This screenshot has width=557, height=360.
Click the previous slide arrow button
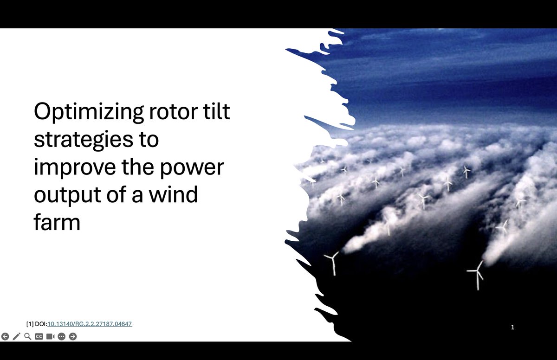(x=5, y=336)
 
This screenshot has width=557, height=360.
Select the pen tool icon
(x=16, y=336)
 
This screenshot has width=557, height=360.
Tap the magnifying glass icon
(x=28, y=336)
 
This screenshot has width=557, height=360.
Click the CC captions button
(x=39, y=336)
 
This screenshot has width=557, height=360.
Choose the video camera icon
(x=51, y=336)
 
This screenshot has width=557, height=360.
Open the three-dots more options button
(x=62, y=336)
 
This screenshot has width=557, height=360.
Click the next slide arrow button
(x=73, y=336)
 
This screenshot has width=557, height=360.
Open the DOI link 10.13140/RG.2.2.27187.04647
(x=90, y=324)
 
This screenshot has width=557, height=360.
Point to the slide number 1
(x=512, y=327)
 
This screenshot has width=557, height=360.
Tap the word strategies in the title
(x=82, y=140)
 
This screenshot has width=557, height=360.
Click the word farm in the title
(x=57, y=222)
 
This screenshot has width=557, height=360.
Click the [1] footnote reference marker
(x=30, y=324)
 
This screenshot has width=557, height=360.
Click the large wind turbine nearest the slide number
(x=477, y=274)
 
